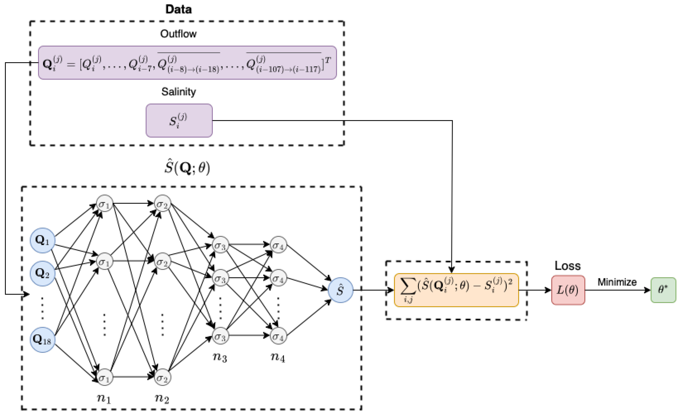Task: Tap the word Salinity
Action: click(x=179, y=91)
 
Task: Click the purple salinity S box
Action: click(x=179, y=120)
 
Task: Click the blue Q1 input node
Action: click(x=42, y=240)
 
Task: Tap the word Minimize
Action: click(x=617, y=282)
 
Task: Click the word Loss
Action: click(x=568, y=266)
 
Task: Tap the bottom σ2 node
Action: click(x=163, y=377)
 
